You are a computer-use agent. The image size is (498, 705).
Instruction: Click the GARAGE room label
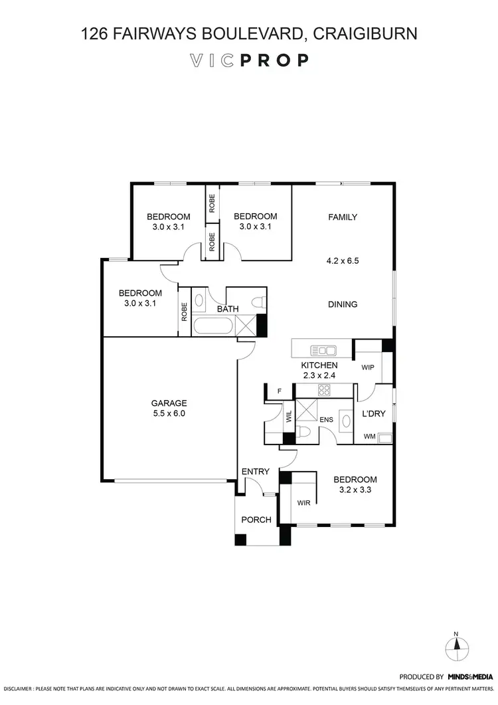pyautogui.click(x=169, y=403)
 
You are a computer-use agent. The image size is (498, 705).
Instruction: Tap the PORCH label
pyautogui.click(x=256, y=520)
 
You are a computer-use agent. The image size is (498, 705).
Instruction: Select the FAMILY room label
pyautogui.click(x=343, y=217)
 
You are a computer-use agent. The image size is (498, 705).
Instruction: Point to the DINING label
pyautogui.click(x=343, y=304)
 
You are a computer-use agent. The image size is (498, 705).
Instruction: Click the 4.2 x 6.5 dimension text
pyautogui.click(x=343, y=261)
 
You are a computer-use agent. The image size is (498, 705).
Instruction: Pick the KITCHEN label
pyautogui.click(x=319, y=365)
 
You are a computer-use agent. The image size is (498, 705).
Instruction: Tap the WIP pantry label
pyautogui.click(x=369, y=367)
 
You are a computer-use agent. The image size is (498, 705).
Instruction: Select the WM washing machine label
pyautogui.click(x=369, y=437)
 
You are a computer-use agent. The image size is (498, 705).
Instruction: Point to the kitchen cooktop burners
pyautogui.click(x=325, y=390)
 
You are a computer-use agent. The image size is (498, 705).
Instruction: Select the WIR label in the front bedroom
pyautogui.click(x=304, y=502)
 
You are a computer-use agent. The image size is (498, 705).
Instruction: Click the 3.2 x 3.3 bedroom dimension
pyautogui.click(x=355, y=490)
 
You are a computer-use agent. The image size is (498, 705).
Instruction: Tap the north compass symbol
pyautogui.click(x=456, y=644)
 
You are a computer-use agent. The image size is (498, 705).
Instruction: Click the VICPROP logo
pyautogui.click(x=249, y=60)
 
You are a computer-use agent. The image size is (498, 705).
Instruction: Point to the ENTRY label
pyautogui.click(x=256, y=472)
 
